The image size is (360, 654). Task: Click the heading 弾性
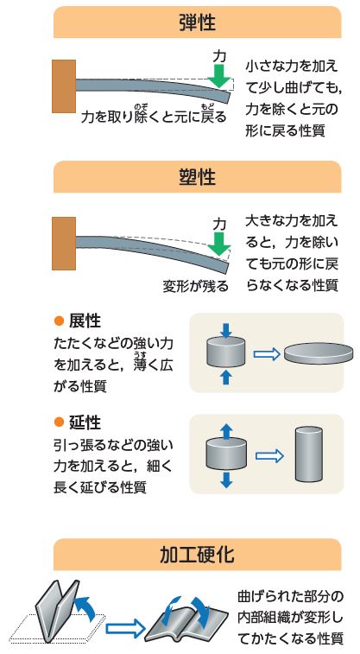(x=197, y=22)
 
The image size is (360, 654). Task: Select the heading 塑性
(x=197, y=177)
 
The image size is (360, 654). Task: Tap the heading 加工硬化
(x=197, y=555)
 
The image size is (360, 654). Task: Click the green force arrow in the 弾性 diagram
(x=219, y=76)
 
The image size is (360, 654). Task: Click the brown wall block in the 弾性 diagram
(x=64, y=86)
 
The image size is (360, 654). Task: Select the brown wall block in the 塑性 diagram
(x=64, y=244)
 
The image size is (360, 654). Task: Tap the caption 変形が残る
(x=195, y=287)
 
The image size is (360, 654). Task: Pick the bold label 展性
(x=85, y=321)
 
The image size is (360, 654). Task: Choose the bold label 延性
(x=85, y=422)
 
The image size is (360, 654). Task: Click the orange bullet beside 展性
(x=60, y=321)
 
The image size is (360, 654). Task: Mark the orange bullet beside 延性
(x=60, y=422)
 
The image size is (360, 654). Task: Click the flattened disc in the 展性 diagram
(x=319, y=353)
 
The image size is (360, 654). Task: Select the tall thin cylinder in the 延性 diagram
(x=309, y=454)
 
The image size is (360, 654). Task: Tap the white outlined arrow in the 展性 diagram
(x=267, y=354)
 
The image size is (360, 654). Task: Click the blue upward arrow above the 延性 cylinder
(x=226, y=432)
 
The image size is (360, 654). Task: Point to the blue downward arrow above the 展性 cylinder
(x=226, y=330)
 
